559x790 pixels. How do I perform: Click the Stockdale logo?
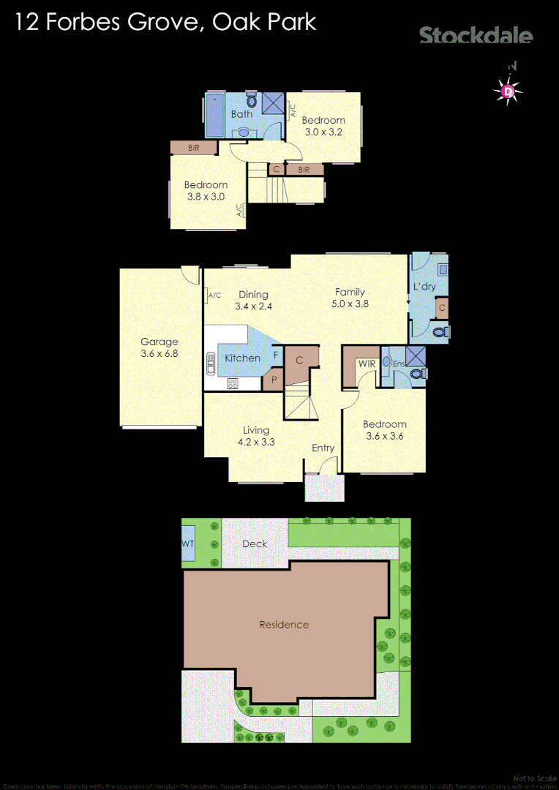click(476, 35)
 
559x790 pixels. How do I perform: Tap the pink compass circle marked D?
click(508, 91)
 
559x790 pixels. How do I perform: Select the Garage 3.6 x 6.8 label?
click(160, 347)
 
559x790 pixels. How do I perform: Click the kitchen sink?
click(211, 363)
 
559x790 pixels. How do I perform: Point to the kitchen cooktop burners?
click(233, 383)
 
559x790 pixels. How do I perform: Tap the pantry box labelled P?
click(273, 381)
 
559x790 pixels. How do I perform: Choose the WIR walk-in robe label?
click(366, 364)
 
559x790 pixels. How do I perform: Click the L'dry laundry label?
click(424, 287)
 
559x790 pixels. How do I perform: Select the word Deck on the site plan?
click(255, 543)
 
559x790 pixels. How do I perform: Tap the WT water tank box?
click(188, 544)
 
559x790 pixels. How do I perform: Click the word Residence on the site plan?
click(284, 625)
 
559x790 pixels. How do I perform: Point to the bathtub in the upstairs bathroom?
click(214, 115)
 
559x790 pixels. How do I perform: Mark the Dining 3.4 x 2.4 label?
click(253, 301)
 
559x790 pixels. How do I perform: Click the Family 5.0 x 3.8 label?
click(350, 298)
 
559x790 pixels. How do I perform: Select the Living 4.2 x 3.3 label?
click(256, 436)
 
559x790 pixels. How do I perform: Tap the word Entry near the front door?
click(323, 448)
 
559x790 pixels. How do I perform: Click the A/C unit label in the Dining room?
click(214, 296)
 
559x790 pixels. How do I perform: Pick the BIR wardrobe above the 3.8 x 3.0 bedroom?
click(193, 148)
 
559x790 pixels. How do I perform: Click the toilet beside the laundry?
click(439, 332)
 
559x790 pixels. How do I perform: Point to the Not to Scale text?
click(535, 778)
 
